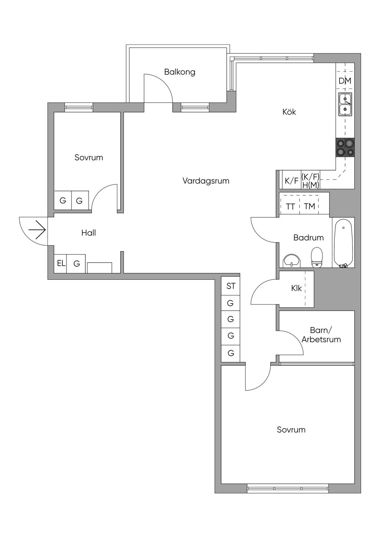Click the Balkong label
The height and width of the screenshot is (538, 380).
pyautogui.click(x=180, y=72)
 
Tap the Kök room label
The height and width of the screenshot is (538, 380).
pyautogui.click(x=289, y=112)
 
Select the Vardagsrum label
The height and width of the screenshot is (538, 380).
pyautogui.click(x=206, y=181)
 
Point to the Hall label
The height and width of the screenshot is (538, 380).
pyautogui.click(x=89, y=233)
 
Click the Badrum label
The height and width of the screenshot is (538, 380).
pyautogui.click(x=308, y=237)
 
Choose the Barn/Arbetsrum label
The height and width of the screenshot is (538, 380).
pyautogui.click(x=321, y=335)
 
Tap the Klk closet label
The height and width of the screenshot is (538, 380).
pyautogui.click(x=297, y=288)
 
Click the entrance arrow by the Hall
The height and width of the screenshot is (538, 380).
pyautogui.click(x=37, y=231)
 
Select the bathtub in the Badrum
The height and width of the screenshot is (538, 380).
pyautogui.click(x=343, y=242)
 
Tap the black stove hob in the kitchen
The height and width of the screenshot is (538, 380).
pyautogui.click(x=345, y=147)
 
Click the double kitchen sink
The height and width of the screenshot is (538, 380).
pyautogui.click(x=345, y=104)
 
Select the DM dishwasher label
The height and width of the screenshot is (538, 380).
pyautogui.click(x=345, y=81)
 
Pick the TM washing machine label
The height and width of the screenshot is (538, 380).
pyautogui.click(x=309, y=206)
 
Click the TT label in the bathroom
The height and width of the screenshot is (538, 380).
pyautogui.click(x=290, y=206)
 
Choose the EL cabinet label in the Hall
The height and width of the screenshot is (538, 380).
pyautogui.click(x=61, y=263)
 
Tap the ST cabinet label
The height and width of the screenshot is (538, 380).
pyautogui.click(x=231, y=286)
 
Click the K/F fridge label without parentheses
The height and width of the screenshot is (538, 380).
pyautogui.click(x=291, y=181)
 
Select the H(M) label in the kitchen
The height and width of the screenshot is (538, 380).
pyautogui.click(x=311, y=185)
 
